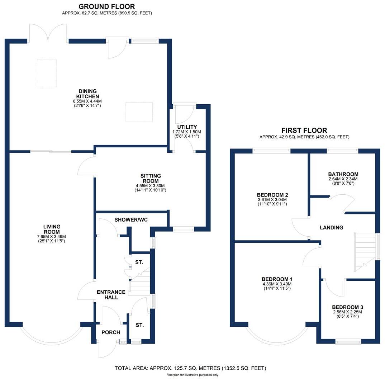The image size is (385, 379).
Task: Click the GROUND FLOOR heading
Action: click(x=106, y=6)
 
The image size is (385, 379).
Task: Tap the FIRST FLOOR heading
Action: click(x=304, y=131)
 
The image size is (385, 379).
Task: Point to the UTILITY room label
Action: click(x=187, y=127)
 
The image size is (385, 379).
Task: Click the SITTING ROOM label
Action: click(x=151, y=178)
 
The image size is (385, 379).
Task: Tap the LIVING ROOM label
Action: click(x=52, y=229)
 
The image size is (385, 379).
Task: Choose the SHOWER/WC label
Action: click(x=128, y=219)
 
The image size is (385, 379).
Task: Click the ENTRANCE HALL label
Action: click(x=111, y=294)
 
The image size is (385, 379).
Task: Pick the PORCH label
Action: click(x=111, y=332)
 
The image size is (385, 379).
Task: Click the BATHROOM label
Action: click(x=343, y=174)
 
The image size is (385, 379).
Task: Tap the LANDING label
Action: click(x=331, y=227)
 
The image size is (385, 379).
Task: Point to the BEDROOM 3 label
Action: click(x=347, y=307)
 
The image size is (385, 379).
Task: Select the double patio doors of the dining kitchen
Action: click(x=48, y=34)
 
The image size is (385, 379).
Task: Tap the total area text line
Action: click(x=190, y=368)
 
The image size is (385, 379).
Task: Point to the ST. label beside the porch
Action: click(x=139, y=325)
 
